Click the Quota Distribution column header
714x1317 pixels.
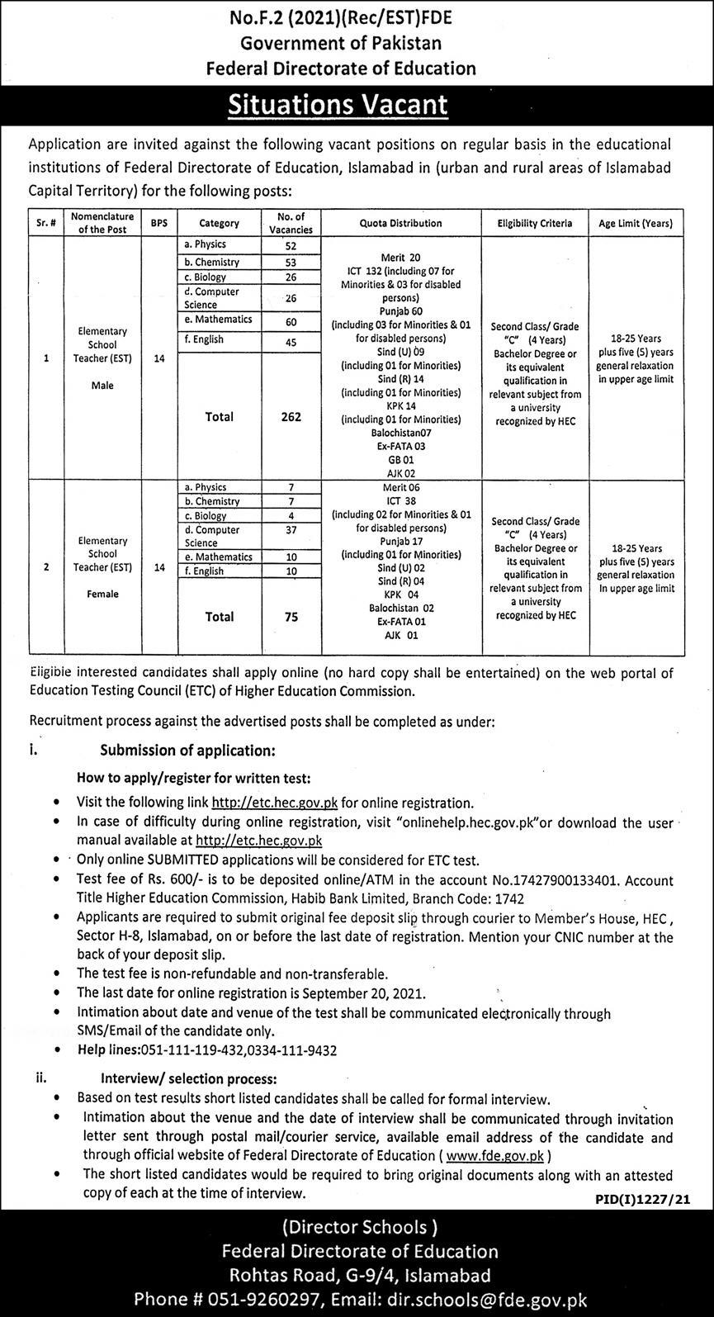point(401,223)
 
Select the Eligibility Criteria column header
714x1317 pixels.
point(535,223)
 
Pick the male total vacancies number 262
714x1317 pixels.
point(291,417)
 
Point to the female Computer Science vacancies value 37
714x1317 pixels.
point(291,530)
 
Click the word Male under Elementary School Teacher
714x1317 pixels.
point(103,386)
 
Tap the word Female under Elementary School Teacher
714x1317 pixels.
point(103,594)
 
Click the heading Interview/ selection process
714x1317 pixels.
point(189,1078)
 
